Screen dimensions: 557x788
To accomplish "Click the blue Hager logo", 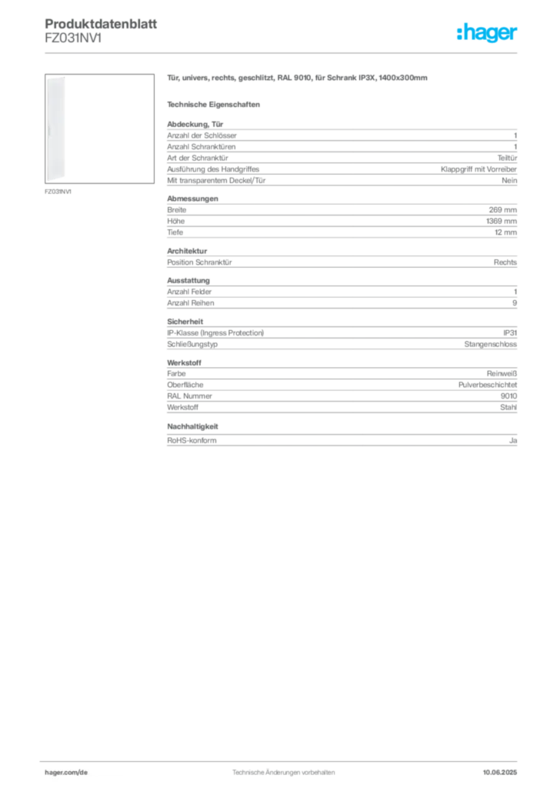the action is (488, 34).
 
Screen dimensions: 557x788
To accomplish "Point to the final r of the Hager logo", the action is (516, 35).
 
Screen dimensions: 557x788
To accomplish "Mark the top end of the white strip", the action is (58, 78).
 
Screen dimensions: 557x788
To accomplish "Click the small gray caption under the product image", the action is (58, 192).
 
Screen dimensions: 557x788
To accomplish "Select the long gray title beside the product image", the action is (298, 79).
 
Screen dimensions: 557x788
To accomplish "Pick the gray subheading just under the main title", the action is (215, 104).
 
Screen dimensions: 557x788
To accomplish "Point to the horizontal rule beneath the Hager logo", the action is (308, 52).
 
